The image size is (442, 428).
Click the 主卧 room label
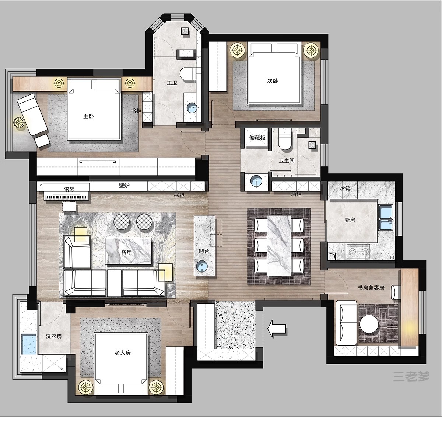click(88, 117)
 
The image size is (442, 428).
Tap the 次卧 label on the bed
click(272, 81)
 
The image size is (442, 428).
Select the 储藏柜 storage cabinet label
click(257, 138)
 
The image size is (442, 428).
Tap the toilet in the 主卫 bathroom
click(187, 74)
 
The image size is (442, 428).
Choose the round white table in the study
click(369, 324)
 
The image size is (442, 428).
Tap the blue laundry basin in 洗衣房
click(29, 344)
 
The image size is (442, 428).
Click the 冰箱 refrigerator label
click(345, 189)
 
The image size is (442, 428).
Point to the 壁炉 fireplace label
click(124, 186)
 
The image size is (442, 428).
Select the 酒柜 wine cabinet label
click(296, 194)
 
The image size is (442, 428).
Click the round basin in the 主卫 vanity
click(192, 108)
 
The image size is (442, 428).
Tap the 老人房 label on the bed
click(123, 353)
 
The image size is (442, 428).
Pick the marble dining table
click(279, 245)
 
